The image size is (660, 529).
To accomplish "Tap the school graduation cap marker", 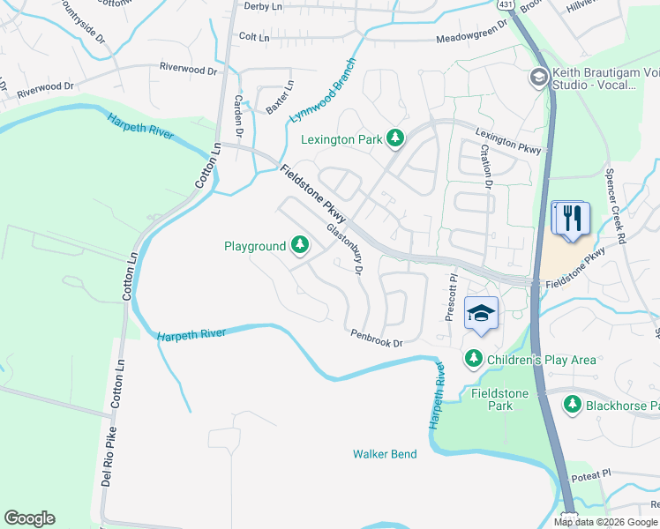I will pyautogui.click(x=482, y=314).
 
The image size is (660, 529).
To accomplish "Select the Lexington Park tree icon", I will pyautogui.click(x=397, y=138).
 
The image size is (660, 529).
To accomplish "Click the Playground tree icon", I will pyautogui.click(x=300, y=246).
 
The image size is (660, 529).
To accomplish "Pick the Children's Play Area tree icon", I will pyautogui.click(x=474, y=359).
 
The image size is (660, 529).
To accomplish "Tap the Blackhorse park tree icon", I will pyautogui.click(x=573, y=405).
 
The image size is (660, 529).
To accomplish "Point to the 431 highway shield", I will pyautogui.click(x=506, y=5).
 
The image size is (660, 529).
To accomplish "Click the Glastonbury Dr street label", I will pyautogui.click(x=345, y=249).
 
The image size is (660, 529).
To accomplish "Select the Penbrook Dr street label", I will pyautogui.click(x=376, y=338).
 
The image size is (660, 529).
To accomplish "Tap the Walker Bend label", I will pyautogui.click(x=385, y=454).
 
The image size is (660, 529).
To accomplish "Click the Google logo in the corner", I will pyautogui.click(x=29, y=518).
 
